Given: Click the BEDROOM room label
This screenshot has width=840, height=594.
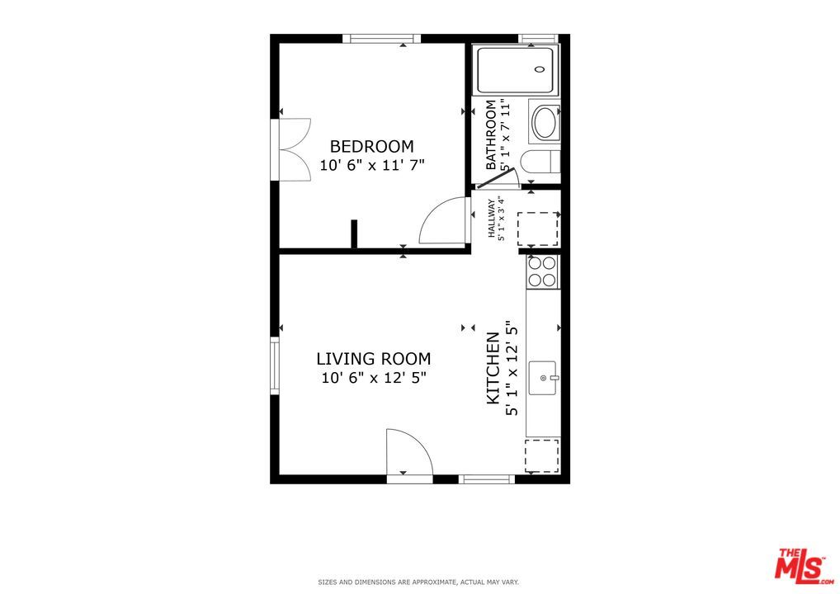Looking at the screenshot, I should point(371,146).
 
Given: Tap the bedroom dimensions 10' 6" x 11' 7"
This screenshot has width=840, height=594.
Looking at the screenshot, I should point(371,165).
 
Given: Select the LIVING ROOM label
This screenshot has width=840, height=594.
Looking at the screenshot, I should point(373,359).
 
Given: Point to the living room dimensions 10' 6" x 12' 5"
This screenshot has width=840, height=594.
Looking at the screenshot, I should point(373,379).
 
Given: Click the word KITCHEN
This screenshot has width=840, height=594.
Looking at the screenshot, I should point(493,368).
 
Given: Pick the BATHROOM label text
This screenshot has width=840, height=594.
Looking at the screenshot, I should point(491,135).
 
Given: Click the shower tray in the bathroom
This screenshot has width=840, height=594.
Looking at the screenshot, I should point(516,71).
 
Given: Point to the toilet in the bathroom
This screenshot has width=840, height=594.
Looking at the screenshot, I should point(545,162).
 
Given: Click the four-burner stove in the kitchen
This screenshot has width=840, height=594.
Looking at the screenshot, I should point(542,271).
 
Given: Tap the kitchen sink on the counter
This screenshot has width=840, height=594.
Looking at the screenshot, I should point(544,378).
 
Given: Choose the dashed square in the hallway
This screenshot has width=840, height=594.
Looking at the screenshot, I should point(537,229).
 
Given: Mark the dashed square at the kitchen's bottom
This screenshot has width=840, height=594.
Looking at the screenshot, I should point(542,455).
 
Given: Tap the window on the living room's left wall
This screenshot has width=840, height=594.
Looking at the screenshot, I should point(275,364).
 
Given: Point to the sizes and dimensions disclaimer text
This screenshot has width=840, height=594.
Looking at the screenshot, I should point(419,582).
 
